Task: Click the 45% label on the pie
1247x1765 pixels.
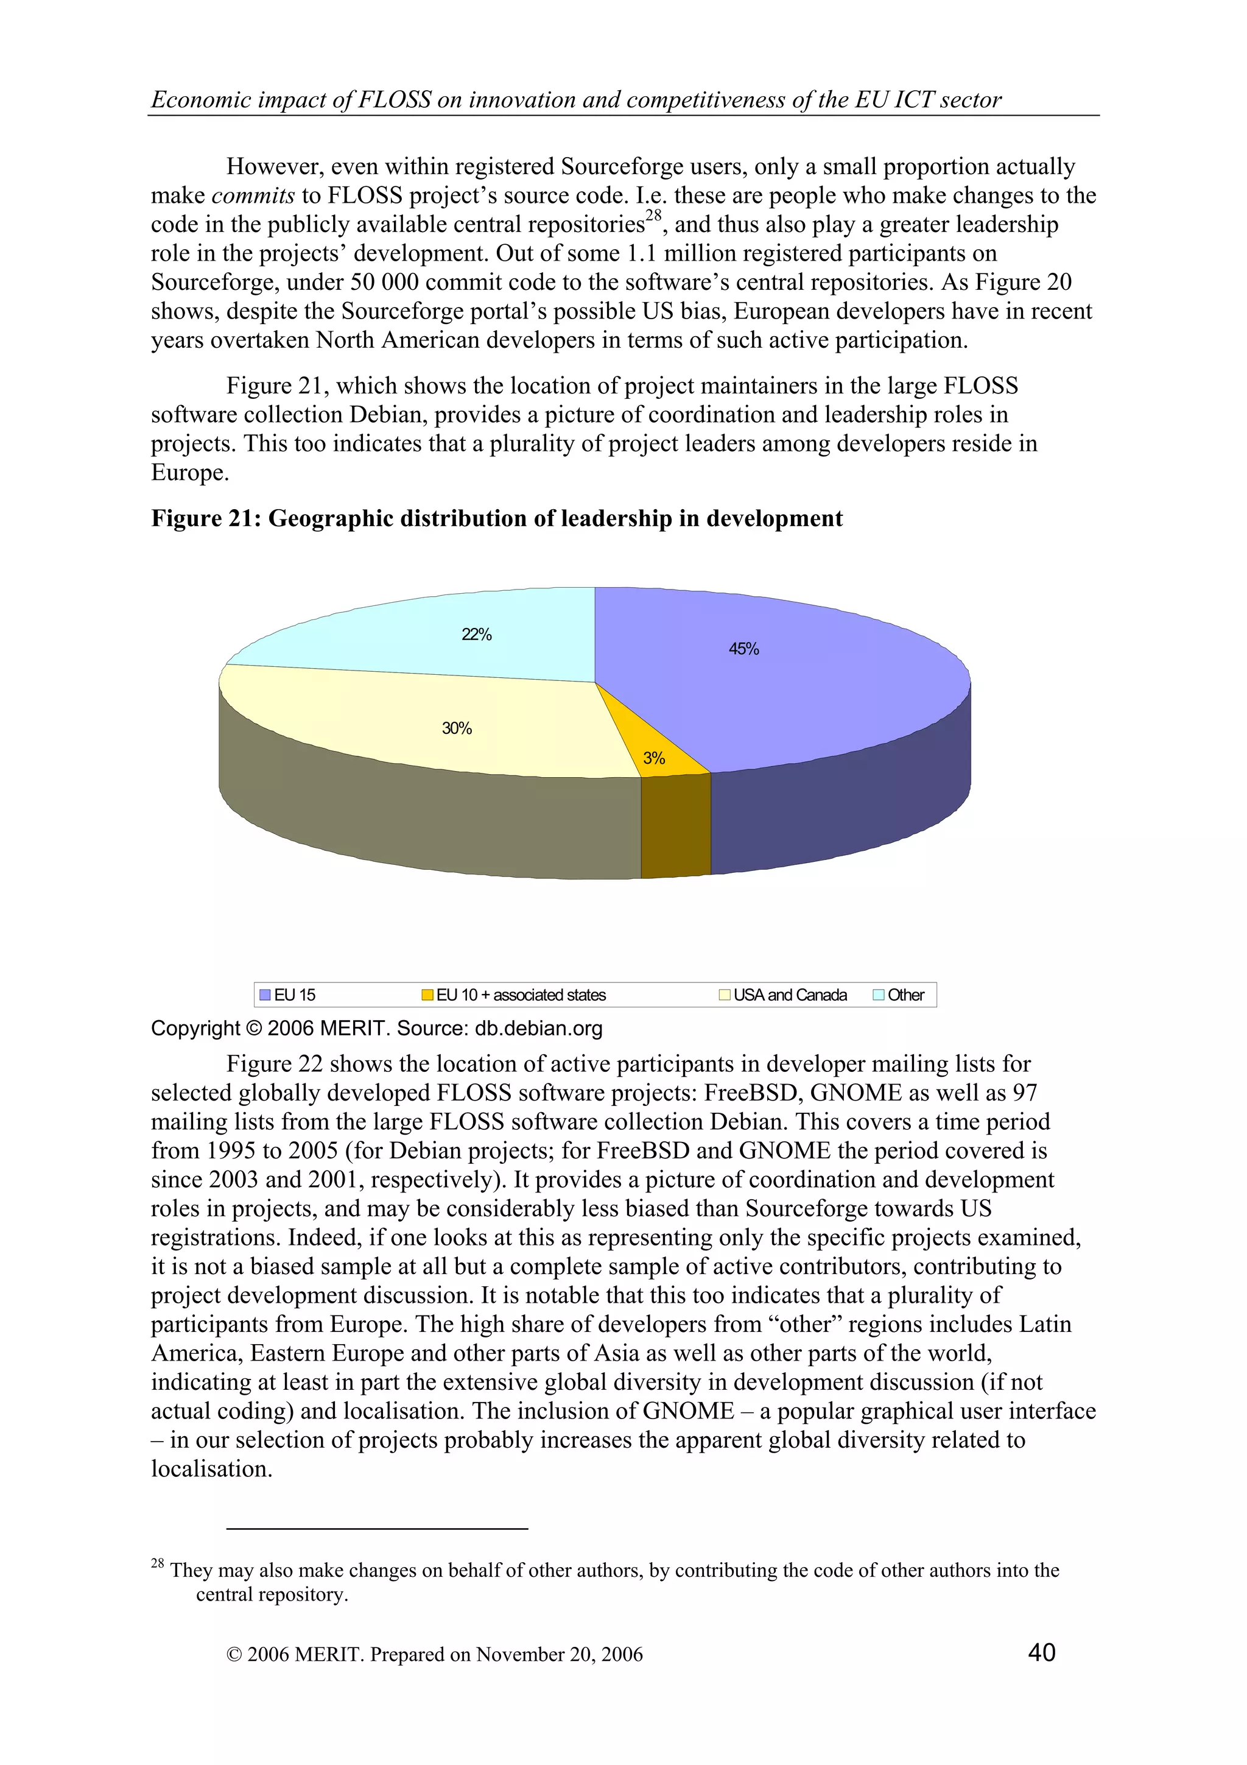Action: [743, 649]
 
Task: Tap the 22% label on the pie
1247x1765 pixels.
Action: [476, 634]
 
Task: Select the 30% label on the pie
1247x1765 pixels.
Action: [457, 728]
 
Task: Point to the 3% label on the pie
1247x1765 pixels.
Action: [653, 758]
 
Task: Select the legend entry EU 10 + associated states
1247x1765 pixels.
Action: [514, 995]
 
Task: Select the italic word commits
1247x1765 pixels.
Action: [253, 196]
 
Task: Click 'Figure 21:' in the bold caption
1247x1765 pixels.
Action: [206, 518]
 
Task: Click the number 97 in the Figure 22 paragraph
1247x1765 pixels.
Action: [1024, 1093]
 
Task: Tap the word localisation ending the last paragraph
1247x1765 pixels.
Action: [211, 1469]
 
